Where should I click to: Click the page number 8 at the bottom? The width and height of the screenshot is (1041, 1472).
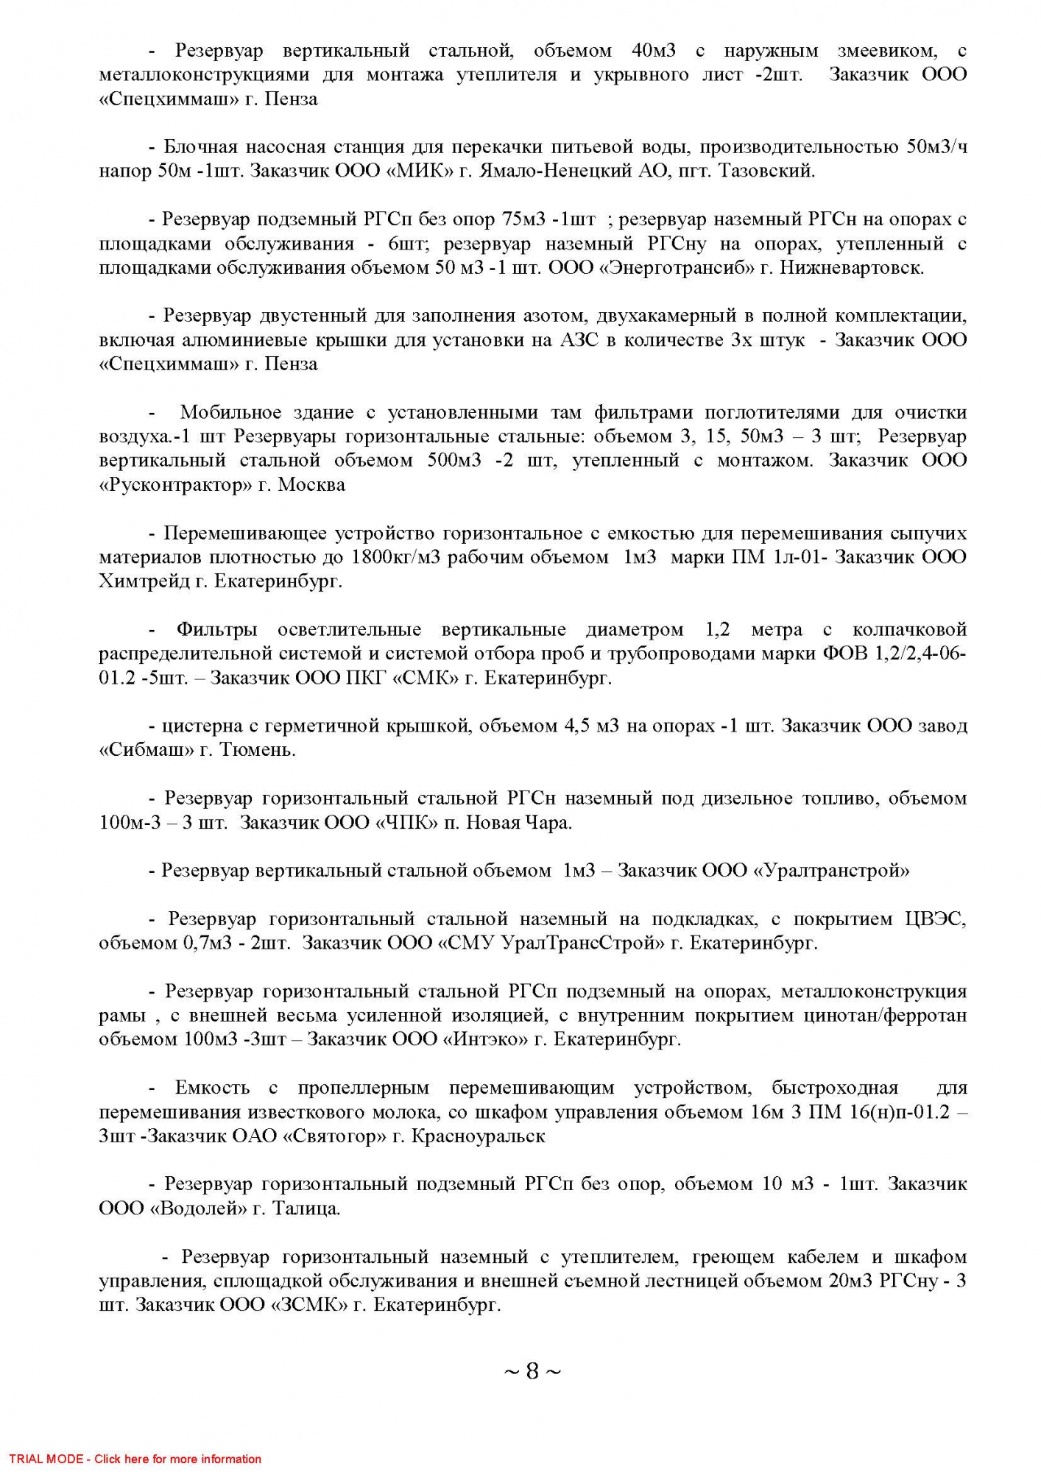532,1372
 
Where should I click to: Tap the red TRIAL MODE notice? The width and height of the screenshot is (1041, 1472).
135,1459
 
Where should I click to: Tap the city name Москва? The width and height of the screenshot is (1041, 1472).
311,485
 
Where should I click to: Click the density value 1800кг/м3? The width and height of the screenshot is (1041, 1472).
395,557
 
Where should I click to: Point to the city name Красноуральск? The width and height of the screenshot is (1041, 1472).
479,1136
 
